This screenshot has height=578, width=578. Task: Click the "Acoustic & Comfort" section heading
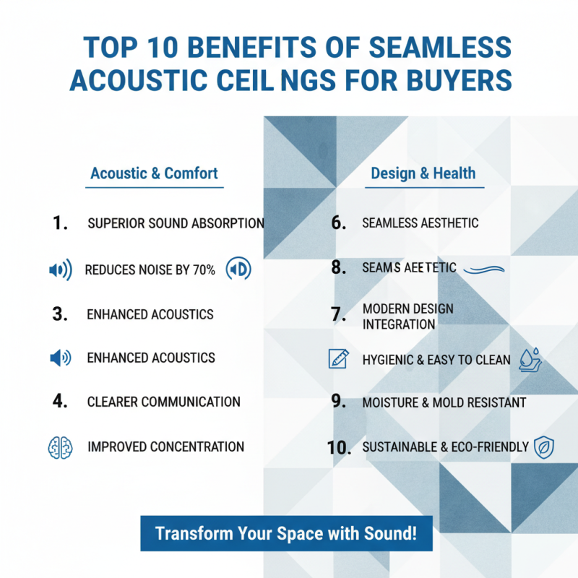tap(154, 173)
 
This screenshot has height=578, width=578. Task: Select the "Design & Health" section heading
tap(423, 173)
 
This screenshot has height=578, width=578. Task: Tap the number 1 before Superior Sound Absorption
tap(61, 223)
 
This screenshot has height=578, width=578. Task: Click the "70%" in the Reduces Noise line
tap(204, 270)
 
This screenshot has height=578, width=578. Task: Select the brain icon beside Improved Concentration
tap(59, 447)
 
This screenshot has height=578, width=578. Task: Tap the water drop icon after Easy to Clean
tap(530, 360)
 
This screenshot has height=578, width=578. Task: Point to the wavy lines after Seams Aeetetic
tap(483, 269)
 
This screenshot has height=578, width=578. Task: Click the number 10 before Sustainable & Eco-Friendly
tap(338, 447)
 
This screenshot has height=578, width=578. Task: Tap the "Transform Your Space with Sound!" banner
tap(286, 534)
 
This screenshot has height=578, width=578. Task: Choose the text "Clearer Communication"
tap(163, 401)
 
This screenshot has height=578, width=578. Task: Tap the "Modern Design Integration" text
tap(407, 316)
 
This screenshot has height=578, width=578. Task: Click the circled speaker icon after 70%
tap(239, 269)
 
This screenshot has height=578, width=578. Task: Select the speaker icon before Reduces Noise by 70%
tap(60, 270)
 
